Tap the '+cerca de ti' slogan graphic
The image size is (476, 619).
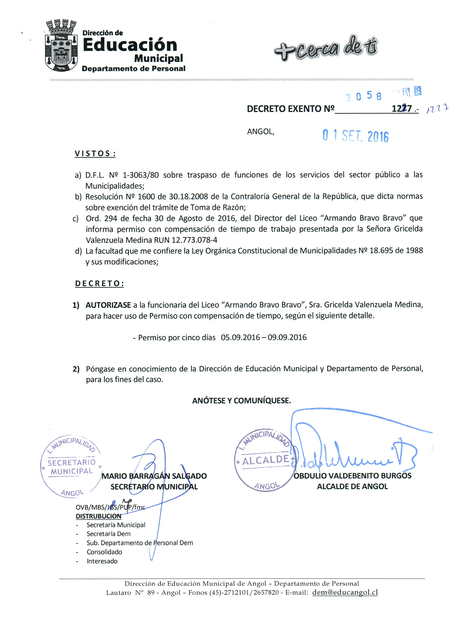coord(326,48)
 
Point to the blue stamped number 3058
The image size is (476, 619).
coord(363,96)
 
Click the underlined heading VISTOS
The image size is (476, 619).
coord(95,154)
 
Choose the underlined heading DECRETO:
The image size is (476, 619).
coord(99,284)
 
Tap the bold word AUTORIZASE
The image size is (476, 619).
coord(108,305)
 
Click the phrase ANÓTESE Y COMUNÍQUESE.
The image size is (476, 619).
coord(241,401)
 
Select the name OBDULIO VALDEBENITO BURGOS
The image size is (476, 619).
coord(353,476)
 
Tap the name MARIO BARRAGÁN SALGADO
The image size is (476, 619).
coord(154,476)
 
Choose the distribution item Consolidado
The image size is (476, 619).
coord(104,552)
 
